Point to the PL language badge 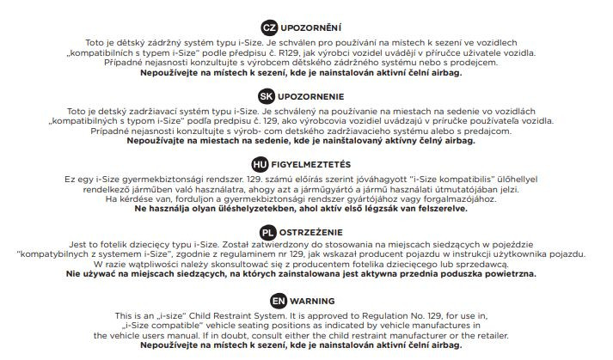[268, 232]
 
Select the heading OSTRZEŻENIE [314, 232]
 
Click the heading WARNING [314, 302]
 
